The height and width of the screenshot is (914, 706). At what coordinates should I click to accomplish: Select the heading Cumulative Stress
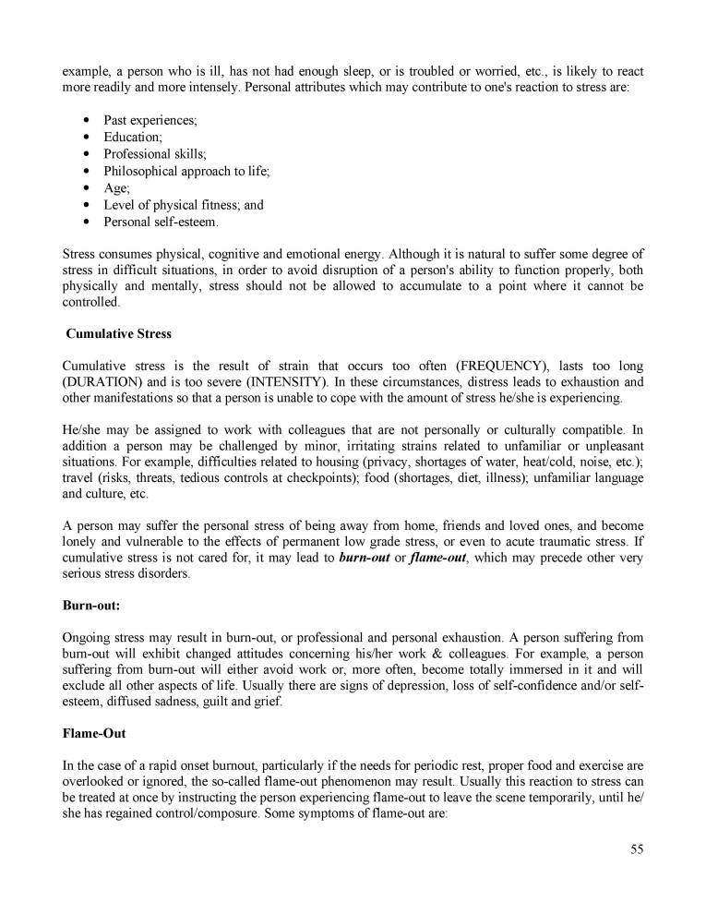[118, 334]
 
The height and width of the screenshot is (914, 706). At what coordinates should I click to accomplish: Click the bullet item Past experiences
[150, 121]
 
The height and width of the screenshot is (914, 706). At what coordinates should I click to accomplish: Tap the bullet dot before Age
[86, 188]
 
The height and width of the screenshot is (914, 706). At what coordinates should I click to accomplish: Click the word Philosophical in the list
[141, 172]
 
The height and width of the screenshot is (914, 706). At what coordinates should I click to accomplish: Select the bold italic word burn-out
[365, 558]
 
